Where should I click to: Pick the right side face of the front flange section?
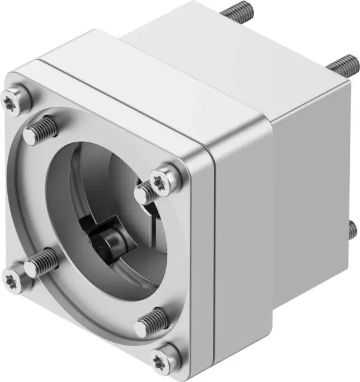click(240, 240)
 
